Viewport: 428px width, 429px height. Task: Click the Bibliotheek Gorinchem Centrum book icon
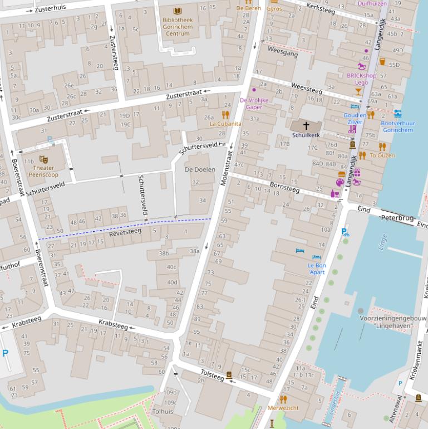177,11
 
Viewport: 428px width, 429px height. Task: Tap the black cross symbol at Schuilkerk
306,126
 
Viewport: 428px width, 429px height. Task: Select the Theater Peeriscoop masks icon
43,160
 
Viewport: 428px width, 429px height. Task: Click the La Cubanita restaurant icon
225,115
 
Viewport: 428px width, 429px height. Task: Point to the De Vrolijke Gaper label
254,104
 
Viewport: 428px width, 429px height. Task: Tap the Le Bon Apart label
317,269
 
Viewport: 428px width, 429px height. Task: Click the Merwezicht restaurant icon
283,399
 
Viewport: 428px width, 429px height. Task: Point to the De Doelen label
200,169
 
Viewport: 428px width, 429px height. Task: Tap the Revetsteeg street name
125,232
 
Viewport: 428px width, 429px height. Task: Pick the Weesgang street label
282,52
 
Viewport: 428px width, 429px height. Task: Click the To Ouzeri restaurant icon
382,147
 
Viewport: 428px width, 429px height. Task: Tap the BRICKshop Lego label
361,79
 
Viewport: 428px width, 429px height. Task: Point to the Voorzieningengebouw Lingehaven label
393,321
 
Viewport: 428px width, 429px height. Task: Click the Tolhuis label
163,412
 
